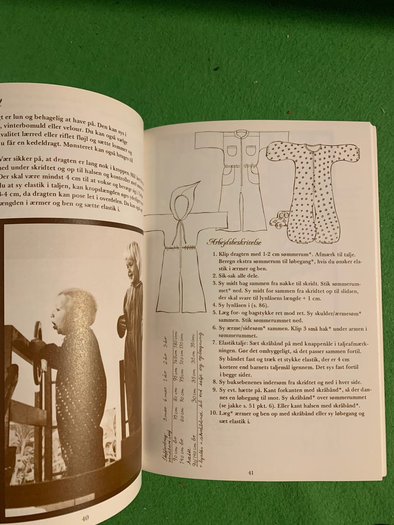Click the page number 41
pyautogui.click(x=251, y=473)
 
